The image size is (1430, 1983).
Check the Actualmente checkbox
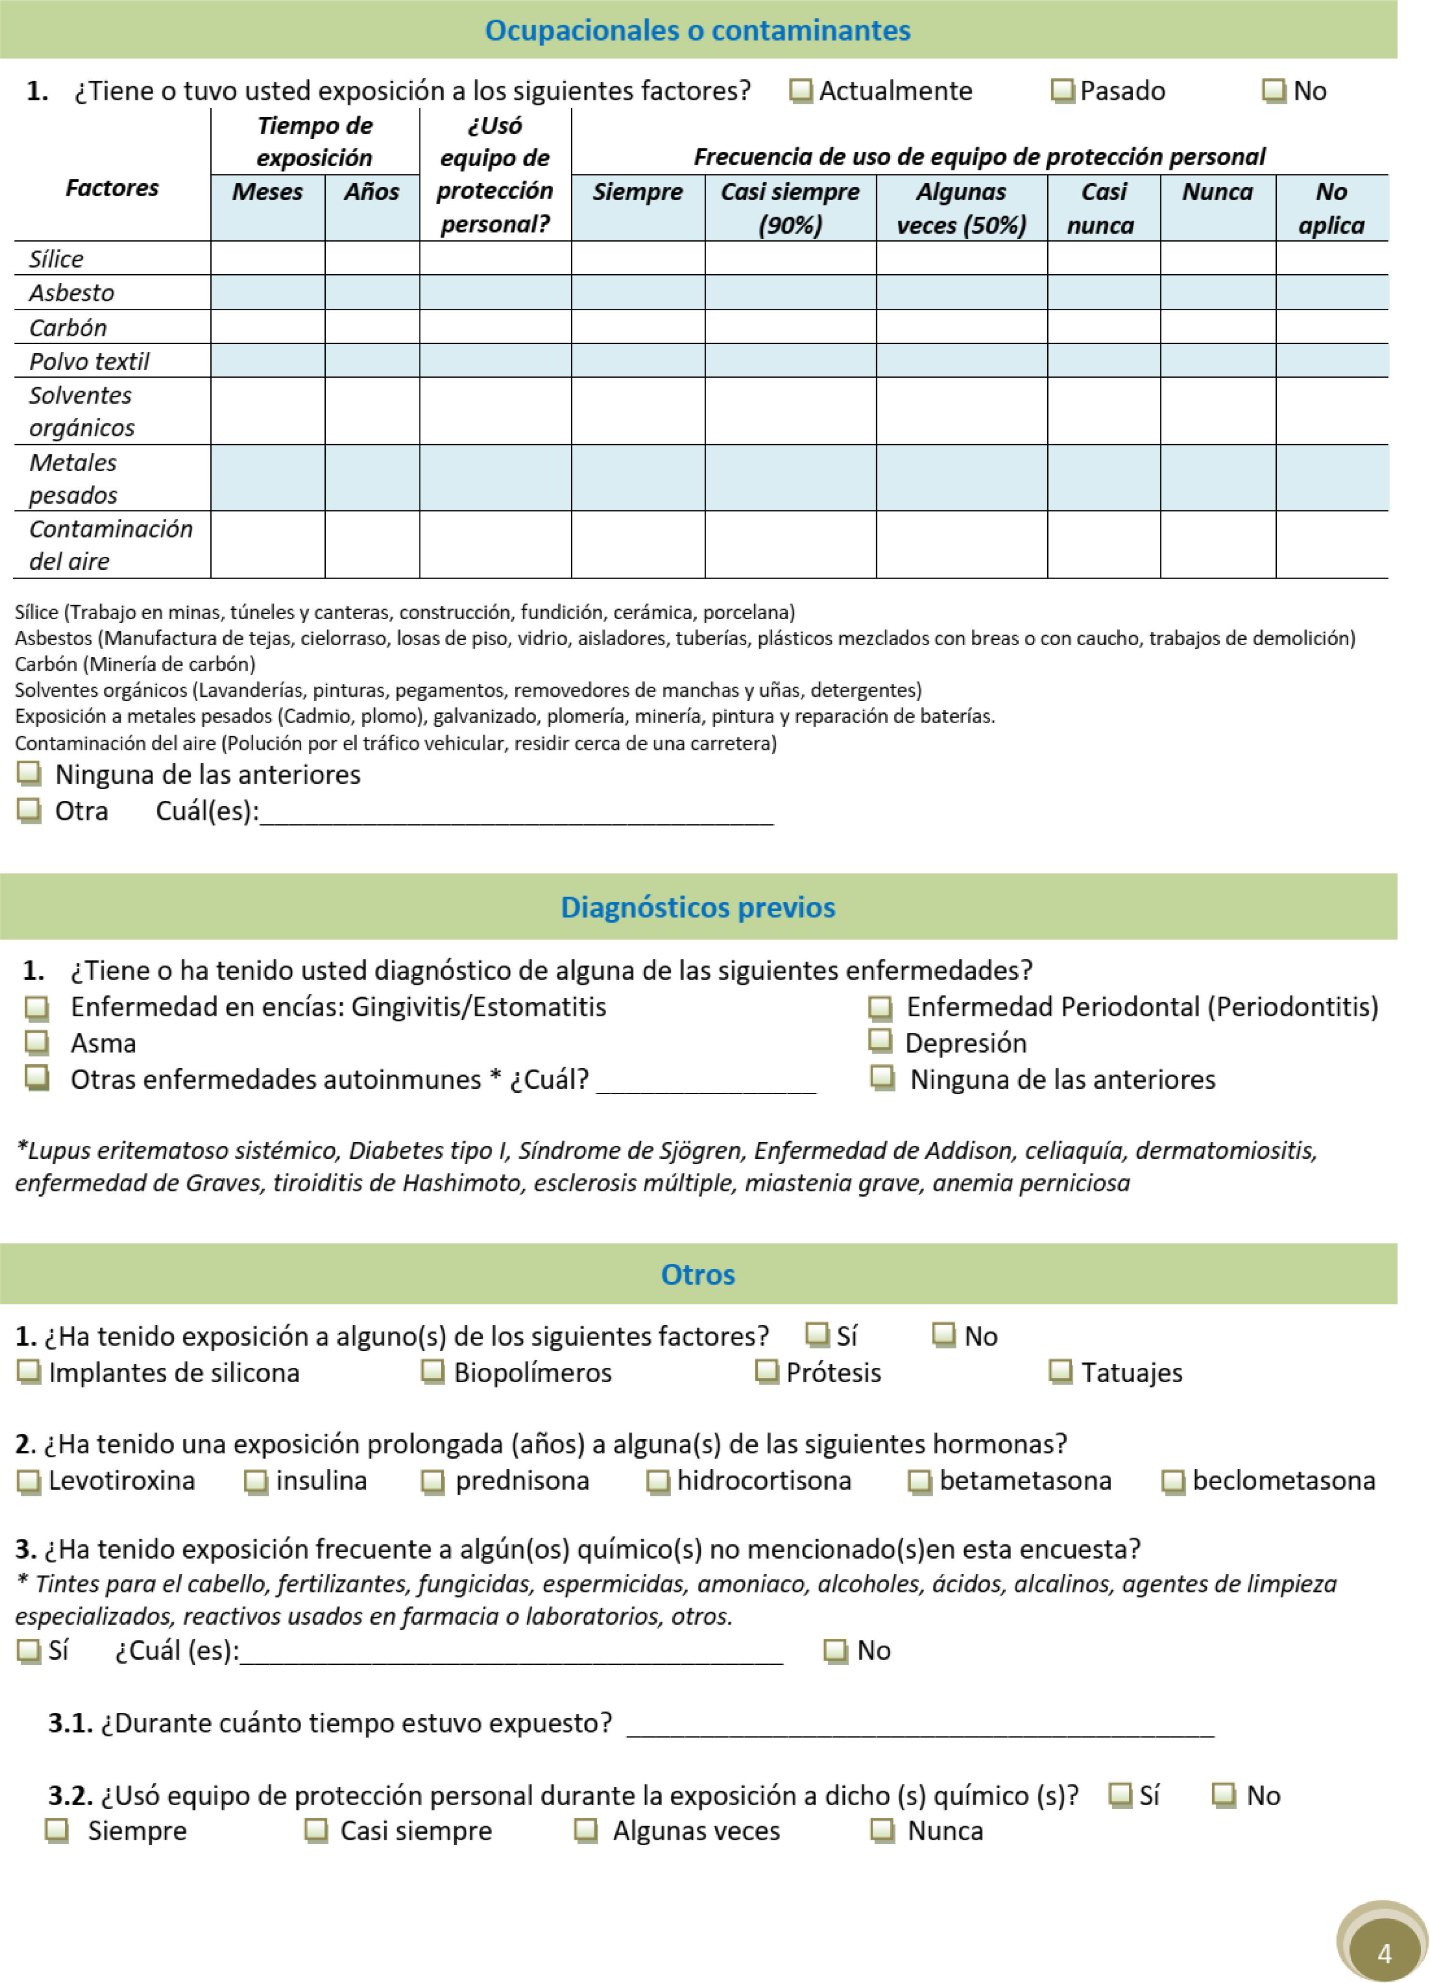[800, 91]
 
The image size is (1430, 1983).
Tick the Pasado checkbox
[1062, 91]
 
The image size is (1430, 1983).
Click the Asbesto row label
[72, 293]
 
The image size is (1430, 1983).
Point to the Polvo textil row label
[89, 361]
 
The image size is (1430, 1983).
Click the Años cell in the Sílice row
[372, 259]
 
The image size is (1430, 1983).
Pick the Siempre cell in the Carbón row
[637, 327]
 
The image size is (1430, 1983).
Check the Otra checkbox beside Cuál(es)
[29, 811]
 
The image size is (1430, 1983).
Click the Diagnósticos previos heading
[697, 908]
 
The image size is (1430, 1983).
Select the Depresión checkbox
[880, 1042]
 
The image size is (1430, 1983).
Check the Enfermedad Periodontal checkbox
[880, 1008]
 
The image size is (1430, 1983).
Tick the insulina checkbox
[255, 1481]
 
